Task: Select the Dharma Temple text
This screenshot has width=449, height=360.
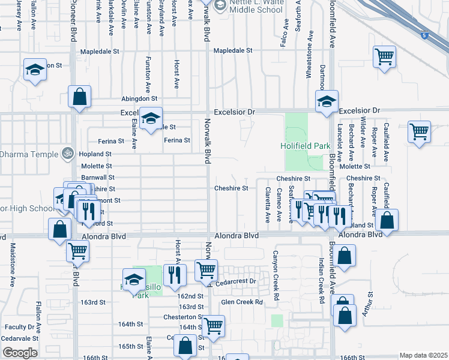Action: point(28,154)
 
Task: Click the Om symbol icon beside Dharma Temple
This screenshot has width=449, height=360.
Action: point(67,154)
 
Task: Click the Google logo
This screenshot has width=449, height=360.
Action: point(20,353)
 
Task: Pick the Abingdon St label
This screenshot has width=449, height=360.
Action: point(139,98)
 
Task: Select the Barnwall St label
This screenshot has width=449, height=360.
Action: point(97,178)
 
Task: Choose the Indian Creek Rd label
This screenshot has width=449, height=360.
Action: point(322,281)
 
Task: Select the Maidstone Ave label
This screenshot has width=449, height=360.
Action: point(12,265)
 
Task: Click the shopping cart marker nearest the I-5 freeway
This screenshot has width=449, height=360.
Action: point(384,58)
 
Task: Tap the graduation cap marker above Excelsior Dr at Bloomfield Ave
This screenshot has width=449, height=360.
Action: point(327,102)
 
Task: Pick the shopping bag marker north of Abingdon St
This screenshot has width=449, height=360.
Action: point(79,97)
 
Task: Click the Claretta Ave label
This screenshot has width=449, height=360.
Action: point(268,203)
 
